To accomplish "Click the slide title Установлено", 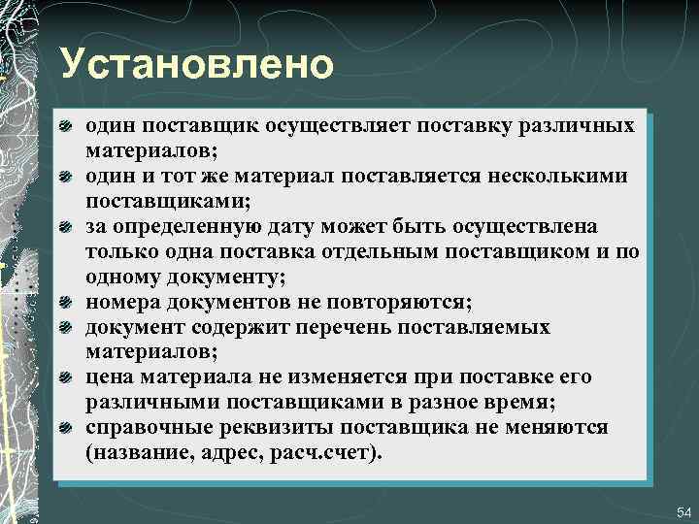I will tap(196, 64).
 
